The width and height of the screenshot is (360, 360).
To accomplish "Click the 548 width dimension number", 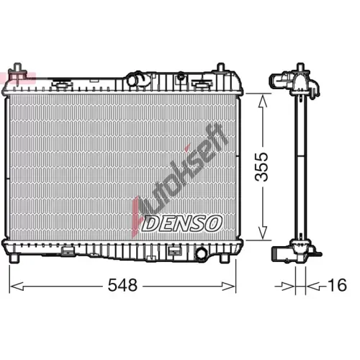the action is (122, 285).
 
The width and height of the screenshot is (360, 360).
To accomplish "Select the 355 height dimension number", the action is (261, 166).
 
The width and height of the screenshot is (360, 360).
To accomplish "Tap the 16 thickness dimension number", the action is (337, 285).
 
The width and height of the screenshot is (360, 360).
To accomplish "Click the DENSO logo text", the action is (182, 223).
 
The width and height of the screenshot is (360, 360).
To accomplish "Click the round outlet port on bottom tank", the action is (201, 253).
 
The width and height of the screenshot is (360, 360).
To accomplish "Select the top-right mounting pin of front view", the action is (220, 67).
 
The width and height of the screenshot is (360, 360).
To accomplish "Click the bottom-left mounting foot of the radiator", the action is (14, 258).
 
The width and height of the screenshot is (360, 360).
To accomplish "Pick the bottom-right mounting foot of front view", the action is (225, 258).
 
